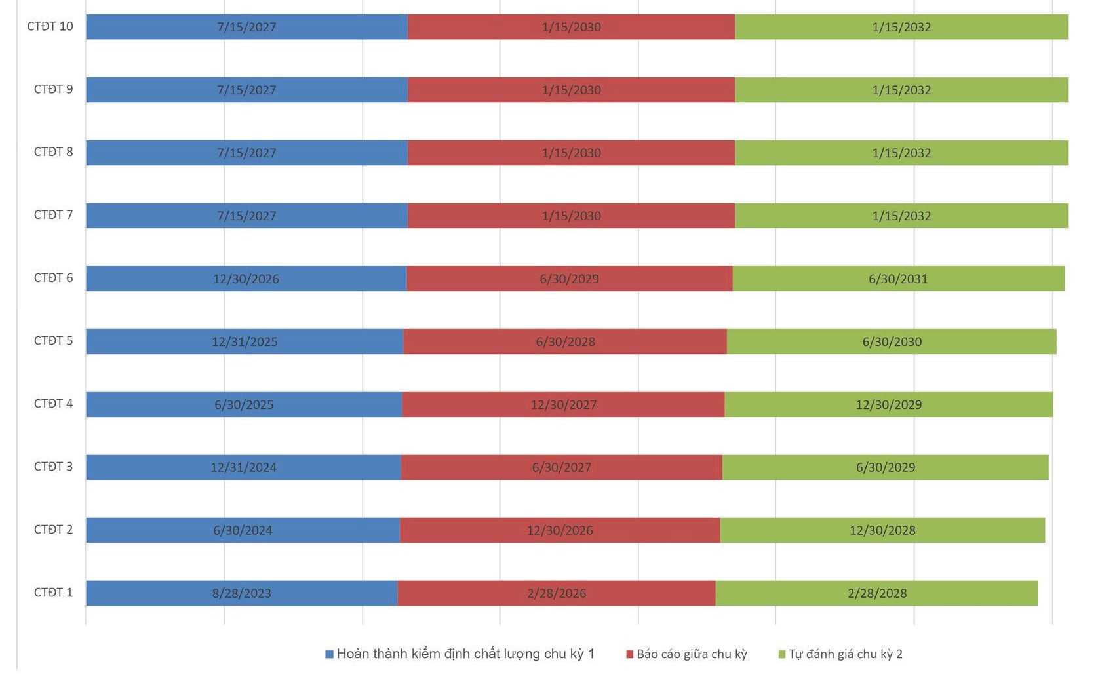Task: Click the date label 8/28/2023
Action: coord(241,593)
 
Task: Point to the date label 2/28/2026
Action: coord(557,593)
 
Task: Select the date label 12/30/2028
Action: coord(882,530)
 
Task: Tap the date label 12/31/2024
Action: coord(243,467)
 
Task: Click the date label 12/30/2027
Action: coord(563,404)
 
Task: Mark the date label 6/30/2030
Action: coord(892,341)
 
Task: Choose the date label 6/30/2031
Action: coord(898,279)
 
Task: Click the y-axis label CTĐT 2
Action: coord(53,530)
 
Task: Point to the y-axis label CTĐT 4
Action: coord(53,404)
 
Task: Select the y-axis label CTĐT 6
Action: coord(53,278)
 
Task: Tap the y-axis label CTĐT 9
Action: coord(53,89)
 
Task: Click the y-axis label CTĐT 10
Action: coord(50,26)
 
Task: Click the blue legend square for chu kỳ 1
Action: coord(330,654)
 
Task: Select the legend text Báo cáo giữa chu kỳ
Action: coord(692,654)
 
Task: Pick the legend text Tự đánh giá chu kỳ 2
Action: coord(845,654)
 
